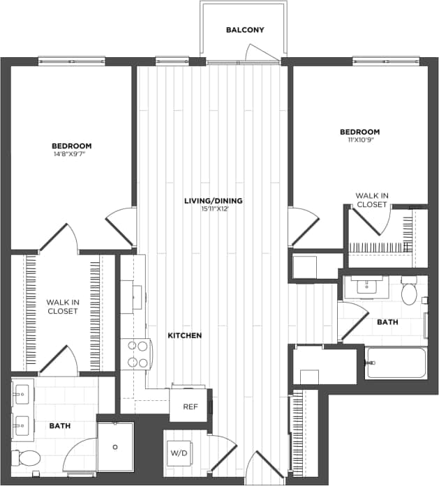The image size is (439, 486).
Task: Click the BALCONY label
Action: [x=245, y=30]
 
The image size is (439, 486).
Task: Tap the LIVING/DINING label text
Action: [x=213, y=201]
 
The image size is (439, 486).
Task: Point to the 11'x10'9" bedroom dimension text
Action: [x=359, y=140]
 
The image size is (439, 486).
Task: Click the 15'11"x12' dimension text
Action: [x=213, y=208]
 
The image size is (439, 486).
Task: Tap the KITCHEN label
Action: [x=185, y=335]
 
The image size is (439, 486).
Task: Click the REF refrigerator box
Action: [x=189, y=406]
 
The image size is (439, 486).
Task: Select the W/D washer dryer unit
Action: [x=179, y=452]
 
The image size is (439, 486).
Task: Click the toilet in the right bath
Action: [x=409, y=292]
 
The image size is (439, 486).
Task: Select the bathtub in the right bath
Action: [x=396, y=363]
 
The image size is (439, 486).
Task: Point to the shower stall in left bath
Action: [x=115, y=446]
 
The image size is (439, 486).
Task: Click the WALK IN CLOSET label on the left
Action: [x=63, y=306]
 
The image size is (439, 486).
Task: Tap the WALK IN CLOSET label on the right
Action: [x=371, y=201]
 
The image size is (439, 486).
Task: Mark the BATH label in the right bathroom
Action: [x=387, y=322]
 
